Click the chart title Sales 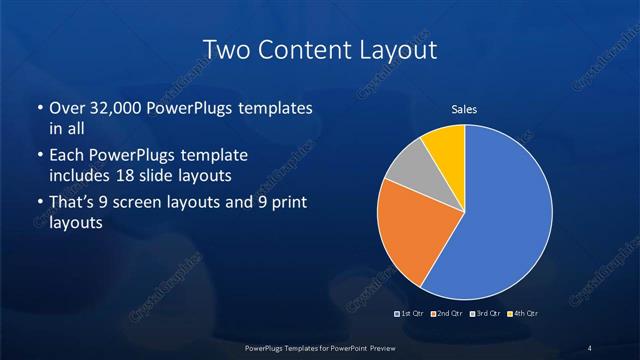(x=464, y=109)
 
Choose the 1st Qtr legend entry (x=410, y=315)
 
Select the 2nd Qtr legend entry (x=447, y=315)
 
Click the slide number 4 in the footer (x=590, y=347)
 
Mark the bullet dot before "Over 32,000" (x=39, y=108)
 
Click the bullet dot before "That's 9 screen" (x=39, y=205)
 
